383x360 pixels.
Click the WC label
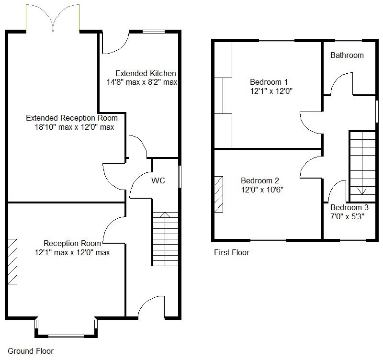pos(158,180)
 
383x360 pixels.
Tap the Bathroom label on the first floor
pos(347,55)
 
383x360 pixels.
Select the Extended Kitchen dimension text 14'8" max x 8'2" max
pos(142,82)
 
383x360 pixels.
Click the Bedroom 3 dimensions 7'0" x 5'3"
pos(347,216)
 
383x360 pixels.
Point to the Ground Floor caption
pos(31,351)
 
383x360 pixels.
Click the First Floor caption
pos(232,252)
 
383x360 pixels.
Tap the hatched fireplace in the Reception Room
pos(13,261)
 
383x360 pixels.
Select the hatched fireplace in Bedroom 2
pos(219,194)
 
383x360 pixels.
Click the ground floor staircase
pos(165,239)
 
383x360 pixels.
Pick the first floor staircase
pos(363,167)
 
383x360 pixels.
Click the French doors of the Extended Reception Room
pos(53,18)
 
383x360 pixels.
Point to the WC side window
pos(180,177)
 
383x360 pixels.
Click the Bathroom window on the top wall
pos(349,40)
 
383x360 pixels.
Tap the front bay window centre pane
pos(66,337)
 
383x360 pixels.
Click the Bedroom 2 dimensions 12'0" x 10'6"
pos(262,190)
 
